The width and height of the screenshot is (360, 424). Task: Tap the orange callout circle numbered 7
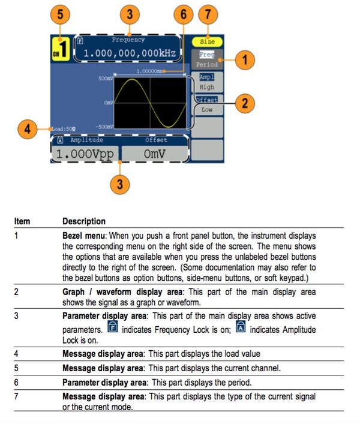[x=207, y=14]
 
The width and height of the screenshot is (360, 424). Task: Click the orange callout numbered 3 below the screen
[x=121, y=183]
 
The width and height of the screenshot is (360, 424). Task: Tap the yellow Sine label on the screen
[x=207, y=42]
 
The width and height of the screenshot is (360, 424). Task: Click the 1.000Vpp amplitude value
[x=85, y=154]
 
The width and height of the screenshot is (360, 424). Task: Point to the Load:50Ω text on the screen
[x=63, y=128]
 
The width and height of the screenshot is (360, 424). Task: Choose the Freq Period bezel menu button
[x=207, y=59]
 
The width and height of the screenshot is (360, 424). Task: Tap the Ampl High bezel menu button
[x=207, y=82]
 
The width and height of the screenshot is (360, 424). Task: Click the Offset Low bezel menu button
[x=207, y=105]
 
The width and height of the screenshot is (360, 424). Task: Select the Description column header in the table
[x=84, y=221]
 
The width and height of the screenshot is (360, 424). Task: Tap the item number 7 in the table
[x=16, y=397]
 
